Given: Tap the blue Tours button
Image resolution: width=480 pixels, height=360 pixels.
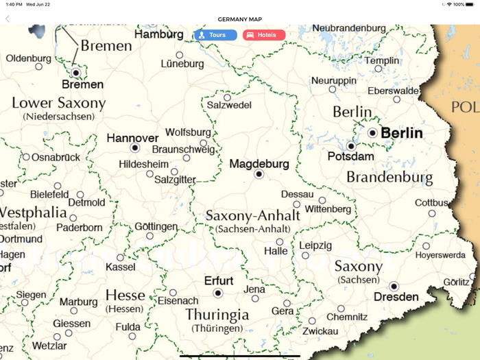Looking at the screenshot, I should pyautogui.click(x=215, y=35).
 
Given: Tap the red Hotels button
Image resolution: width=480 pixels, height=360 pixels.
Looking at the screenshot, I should pyautogui.click(x=264, y=35).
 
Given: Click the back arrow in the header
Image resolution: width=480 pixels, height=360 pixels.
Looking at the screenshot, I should pyautogui.click(x=8, y=19).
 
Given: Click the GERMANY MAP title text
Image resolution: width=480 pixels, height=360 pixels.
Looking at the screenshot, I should pyautogui.click(x=240, y=19).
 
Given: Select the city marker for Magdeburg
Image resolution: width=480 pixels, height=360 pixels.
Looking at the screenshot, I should pyautogui.click(x=259, y=174).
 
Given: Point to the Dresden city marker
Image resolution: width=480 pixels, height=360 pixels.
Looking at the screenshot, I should pyautogui.click(x=394, y=286).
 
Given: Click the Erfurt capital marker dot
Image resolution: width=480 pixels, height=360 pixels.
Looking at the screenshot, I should pyautogui.click(x=218, y=293).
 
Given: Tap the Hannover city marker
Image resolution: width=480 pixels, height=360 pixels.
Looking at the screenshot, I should pyautogui.click(x=135, y=147).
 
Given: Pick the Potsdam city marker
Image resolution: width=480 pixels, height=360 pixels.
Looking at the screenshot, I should pyautogui.click(x=351, y=146).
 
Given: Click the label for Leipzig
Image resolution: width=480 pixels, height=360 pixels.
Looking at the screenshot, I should pyautogui.click(x=315, y=245).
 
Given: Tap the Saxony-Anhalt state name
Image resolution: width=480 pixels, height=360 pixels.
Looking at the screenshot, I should pyautogui.click(x=253, y=215).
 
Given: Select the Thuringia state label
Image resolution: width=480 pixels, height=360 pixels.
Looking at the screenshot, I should pyautogui.click(x=217, y=315).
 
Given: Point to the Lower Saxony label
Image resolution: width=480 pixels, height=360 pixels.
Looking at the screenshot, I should pyautogui.click(x=59, y=104).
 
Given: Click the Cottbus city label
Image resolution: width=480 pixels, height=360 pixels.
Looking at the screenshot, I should pyautogui.click(x=431, y=203).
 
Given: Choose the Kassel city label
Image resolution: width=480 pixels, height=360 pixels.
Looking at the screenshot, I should pyautogui.click(x=121, y=267).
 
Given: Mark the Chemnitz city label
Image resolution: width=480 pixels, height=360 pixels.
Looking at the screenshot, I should pyautogui.click(x=347, y=317).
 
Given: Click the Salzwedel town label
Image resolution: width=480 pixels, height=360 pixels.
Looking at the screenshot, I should pyautogui.click(x=229, y=106).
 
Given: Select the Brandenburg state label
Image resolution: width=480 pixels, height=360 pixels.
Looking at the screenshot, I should pyautogui.click(x=389, y=177).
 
